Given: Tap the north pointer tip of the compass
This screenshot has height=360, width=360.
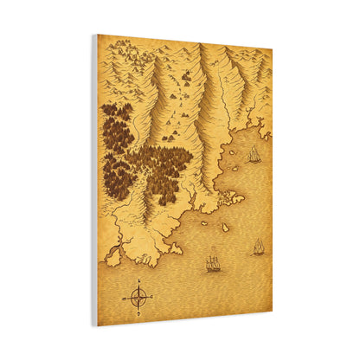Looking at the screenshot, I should pos(138,280).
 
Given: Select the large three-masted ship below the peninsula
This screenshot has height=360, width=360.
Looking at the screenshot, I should pos(213,263).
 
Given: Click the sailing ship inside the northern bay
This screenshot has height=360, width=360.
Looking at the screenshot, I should pos(254,156).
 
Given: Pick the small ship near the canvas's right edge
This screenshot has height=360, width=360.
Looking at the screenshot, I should pos(258,247).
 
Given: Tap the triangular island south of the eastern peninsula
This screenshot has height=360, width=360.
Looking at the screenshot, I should pos(223,227).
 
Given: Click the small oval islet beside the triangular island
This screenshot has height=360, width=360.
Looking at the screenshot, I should pos(205,223).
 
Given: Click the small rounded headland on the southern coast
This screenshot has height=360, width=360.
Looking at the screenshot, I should pos(176,248).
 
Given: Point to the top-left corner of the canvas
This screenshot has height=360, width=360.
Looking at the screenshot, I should pos(98,35).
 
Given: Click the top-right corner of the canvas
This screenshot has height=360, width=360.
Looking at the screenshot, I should pos(272,48).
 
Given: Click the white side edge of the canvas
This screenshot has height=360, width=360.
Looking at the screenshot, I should pos(94,182).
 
